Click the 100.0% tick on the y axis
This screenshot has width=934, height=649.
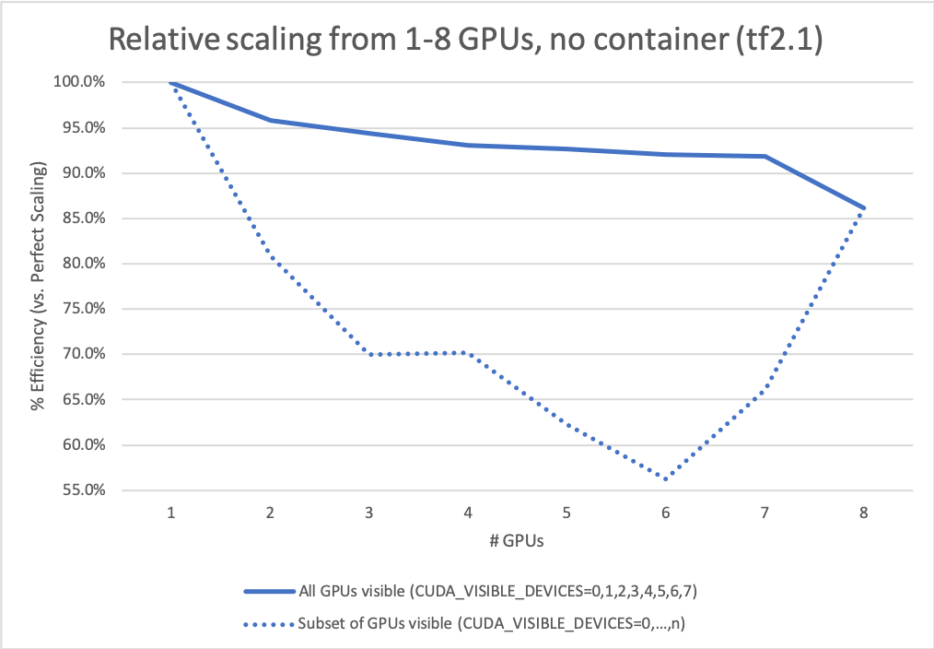[x=80, y=82]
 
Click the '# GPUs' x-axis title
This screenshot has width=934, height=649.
[x=517, y=541]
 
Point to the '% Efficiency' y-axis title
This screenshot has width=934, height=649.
[x=39, y=287]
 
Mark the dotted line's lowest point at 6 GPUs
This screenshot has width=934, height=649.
[x=665, y=478]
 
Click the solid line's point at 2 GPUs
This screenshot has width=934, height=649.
[x=270, y=120]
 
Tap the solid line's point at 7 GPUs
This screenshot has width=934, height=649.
[x=765, y=156]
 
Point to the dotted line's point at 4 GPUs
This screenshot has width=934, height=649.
[x=468, y=353]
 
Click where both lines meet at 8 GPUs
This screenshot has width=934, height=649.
[x=863, y=208]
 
